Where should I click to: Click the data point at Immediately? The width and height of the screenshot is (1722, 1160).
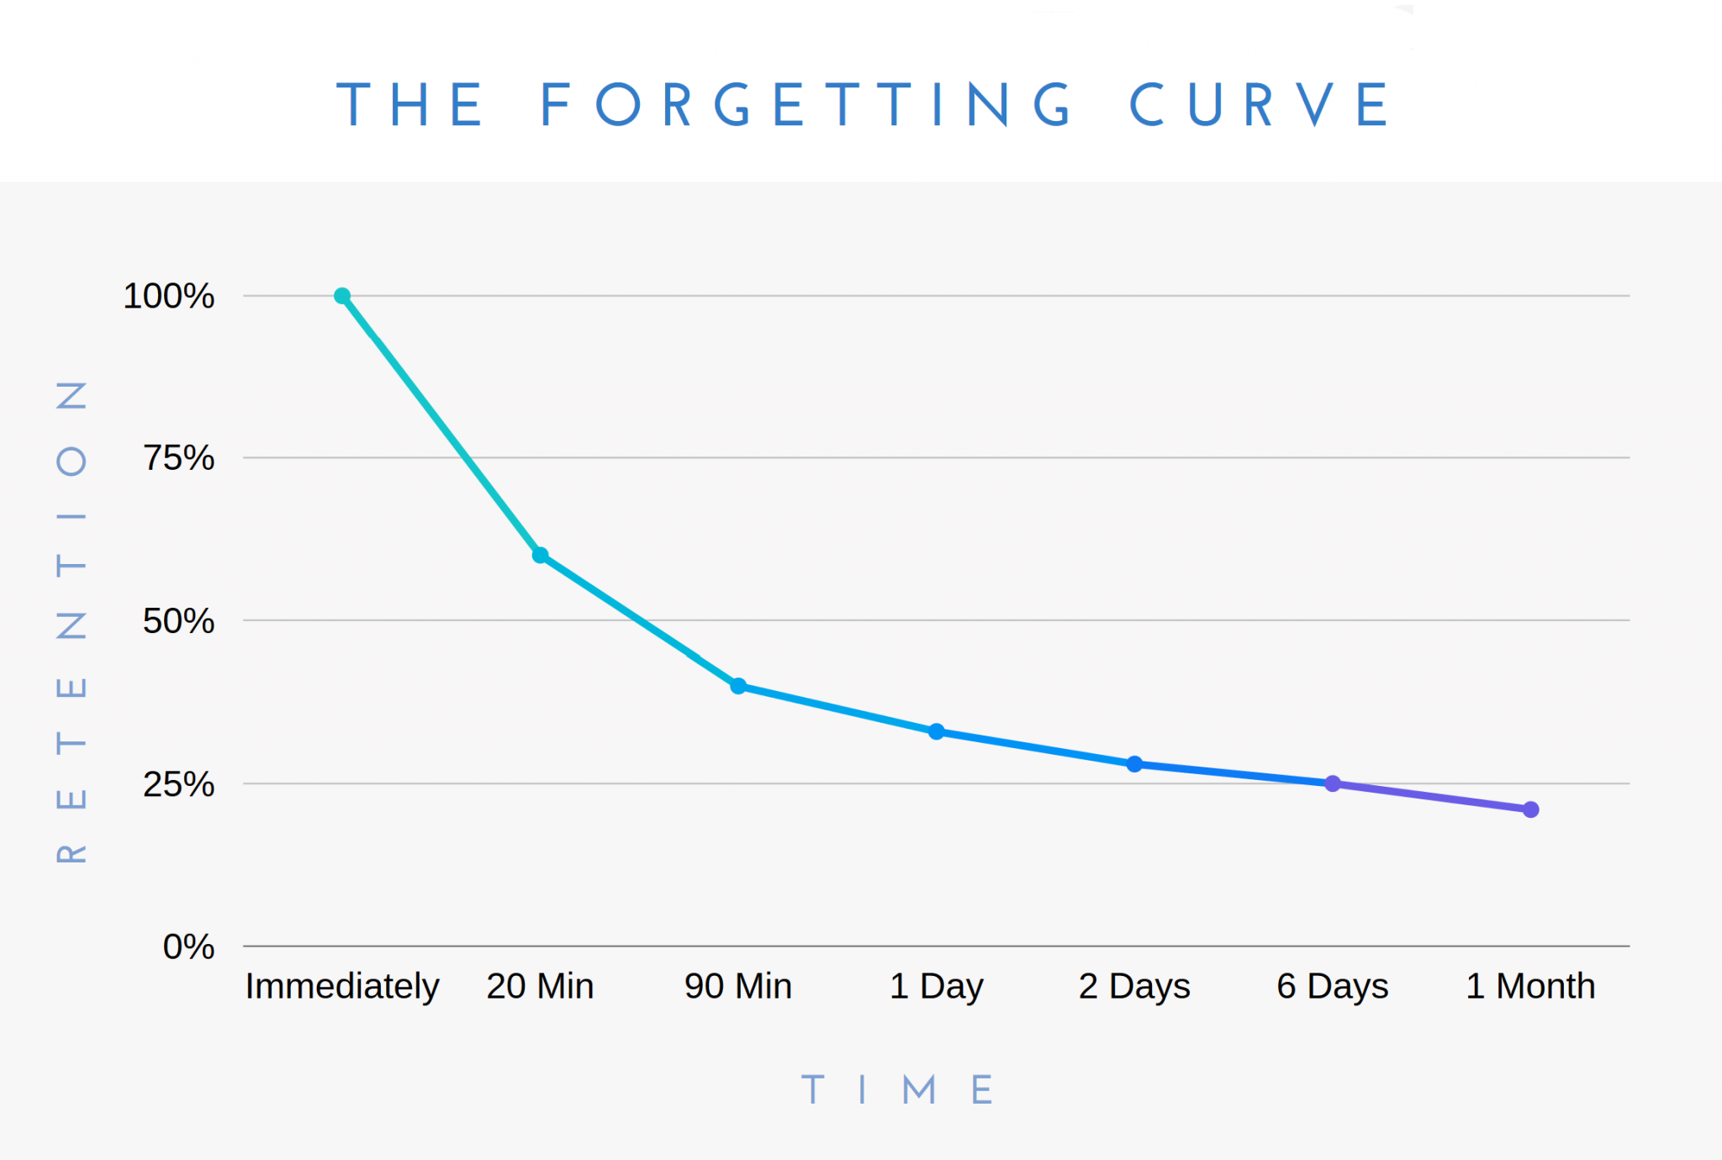click(x=342, y=296)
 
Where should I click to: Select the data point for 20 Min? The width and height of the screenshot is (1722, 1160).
click(x=541, y=555)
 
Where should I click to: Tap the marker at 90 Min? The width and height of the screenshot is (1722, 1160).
click(x=738, y=686)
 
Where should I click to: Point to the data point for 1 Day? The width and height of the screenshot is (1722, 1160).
click(x=937, y=731)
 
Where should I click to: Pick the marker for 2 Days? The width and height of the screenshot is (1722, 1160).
click(x=1134, y=764)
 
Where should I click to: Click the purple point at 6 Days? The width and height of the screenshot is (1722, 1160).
click(x=1333, y=783)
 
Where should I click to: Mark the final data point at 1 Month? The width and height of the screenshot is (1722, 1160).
click(x=1531, y=809)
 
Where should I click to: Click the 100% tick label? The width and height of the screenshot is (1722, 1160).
click(x=169, y=296)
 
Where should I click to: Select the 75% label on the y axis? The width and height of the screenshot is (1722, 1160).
click(x=178, y=458)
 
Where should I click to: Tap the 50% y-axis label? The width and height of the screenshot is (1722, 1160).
click(x=178, y=621)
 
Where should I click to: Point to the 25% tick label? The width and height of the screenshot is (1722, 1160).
click(x=178, y=784)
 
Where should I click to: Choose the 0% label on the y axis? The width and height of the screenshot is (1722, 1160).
click(x=188, y=946)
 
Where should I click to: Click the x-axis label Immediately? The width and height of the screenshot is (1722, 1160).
click(x=342, y=986)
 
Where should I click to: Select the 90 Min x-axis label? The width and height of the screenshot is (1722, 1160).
click(x=738, y=986)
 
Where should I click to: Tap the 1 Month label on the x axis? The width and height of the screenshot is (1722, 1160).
click(x=1530, y=986)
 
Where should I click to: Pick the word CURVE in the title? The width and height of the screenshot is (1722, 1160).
click(x=1259, y=106)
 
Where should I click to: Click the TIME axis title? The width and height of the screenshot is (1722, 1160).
click(x=897, y=1090)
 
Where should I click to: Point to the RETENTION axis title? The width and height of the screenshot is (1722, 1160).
click(x=71, y=622)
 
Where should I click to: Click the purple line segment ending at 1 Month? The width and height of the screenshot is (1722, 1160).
click(x=1432, y=797)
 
